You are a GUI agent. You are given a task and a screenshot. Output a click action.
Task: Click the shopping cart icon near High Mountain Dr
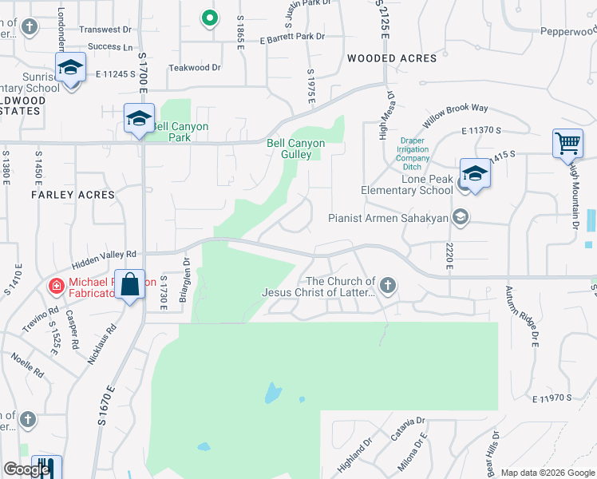coord(567,144)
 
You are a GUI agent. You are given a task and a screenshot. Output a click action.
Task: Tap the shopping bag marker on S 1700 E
coord(129,285)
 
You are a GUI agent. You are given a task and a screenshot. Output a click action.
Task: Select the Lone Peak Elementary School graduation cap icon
coord(474,174)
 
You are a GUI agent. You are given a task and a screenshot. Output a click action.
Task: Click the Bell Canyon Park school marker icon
coord(139,120)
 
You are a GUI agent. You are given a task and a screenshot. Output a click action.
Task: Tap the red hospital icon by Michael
coord(56,285)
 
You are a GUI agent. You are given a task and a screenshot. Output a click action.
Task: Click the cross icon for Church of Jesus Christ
coord(388,285)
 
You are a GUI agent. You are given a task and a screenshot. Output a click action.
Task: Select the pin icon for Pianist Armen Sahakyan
coord(460,216)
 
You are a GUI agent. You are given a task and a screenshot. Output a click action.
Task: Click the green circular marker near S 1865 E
coord(209,17)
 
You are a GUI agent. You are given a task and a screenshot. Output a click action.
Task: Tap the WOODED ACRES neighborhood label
coord(392,58)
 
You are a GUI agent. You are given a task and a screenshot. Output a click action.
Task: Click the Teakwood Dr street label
coord(194,68)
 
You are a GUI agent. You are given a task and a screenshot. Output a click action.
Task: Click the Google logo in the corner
coord(26,469)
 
